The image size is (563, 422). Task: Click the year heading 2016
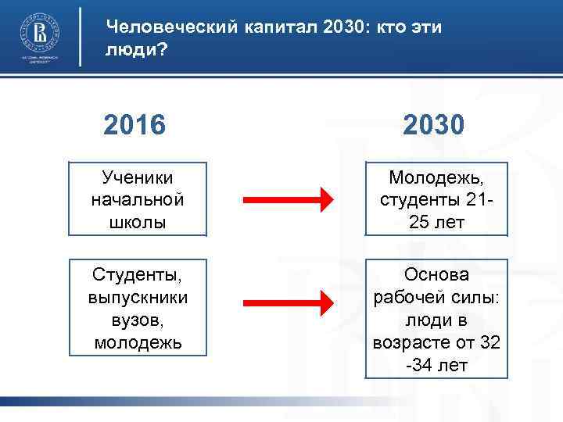[x=135, y=123]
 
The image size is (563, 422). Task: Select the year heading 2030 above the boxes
[x=436, y=123]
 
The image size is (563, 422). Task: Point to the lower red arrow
[x=285, y=302]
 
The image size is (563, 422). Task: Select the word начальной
[x=138, y=200]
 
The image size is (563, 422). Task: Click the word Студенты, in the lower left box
[x=138, y=276]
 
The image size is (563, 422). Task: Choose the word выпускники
[x=138, y=298]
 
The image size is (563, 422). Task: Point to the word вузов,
[x=138, y=320]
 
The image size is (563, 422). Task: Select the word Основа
[x=436, y=275]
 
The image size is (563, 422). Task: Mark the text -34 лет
[x=436, y=363]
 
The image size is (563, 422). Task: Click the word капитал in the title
[x=265, y=27]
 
